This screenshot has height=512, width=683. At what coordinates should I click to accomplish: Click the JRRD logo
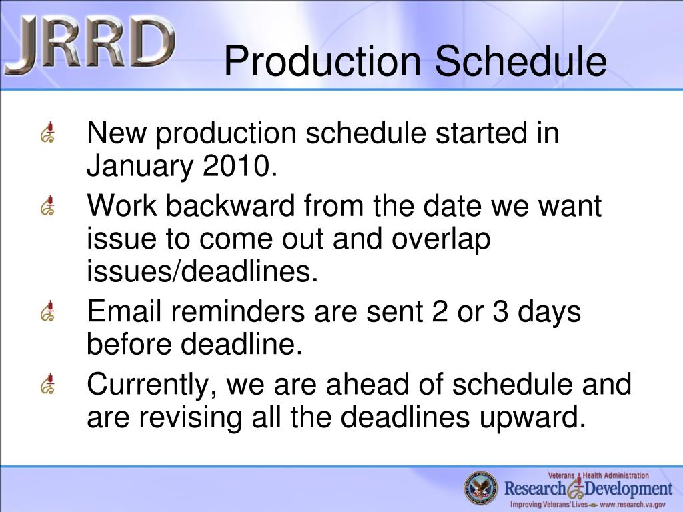click(90, 45)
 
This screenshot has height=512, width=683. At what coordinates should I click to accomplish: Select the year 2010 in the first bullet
click(239, 166)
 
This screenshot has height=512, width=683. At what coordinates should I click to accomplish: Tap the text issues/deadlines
click(203, 271)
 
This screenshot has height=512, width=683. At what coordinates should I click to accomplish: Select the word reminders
click(238, 311)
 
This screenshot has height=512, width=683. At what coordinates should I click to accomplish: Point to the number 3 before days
click(500, 311)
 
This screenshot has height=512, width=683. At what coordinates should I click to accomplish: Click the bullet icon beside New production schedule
click(47, 133)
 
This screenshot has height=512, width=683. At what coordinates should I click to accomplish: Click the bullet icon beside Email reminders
click(47, 311)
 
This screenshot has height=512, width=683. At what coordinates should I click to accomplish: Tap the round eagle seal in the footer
click(480, 487)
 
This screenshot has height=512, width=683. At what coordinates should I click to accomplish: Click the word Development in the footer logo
click(628, 489)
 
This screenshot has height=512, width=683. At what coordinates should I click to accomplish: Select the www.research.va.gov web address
click(632, 505)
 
